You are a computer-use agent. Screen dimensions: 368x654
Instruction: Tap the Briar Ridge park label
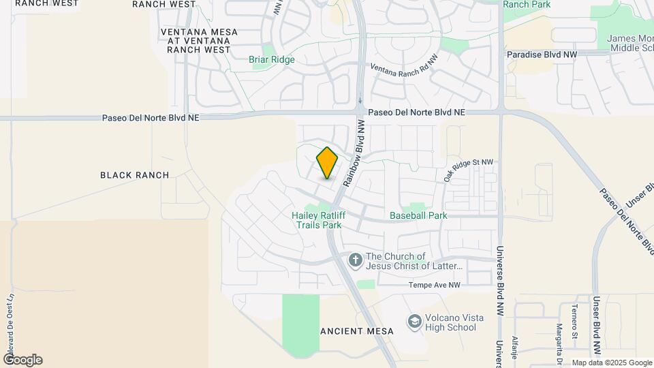(x=272, y=59)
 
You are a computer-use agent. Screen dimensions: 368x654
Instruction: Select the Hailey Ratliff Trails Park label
(x=316, y=219)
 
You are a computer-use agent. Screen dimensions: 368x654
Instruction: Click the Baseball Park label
(x=418, y=215)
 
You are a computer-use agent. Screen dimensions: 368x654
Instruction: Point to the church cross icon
(x=355, y=260)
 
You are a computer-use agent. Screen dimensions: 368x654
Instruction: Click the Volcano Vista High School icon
(x=414, y=320)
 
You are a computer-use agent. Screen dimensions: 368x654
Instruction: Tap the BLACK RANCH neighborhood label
(x=134, y=175)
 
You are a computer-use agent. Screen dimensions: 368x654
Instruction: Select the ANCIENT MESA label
(x=357, y=331)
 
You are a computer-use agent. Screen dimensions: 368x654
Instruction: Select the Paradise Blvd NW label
(x=542, y=54)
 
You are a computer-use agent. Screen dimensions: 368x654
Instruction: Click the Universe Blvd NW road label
(x=499, y=276)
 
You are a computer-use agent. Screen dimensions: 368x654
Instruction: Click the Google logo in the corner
(x=22, y=359)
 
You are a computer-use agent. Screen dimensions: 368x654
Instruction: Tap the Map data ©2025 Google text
(x=611, y=363)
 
